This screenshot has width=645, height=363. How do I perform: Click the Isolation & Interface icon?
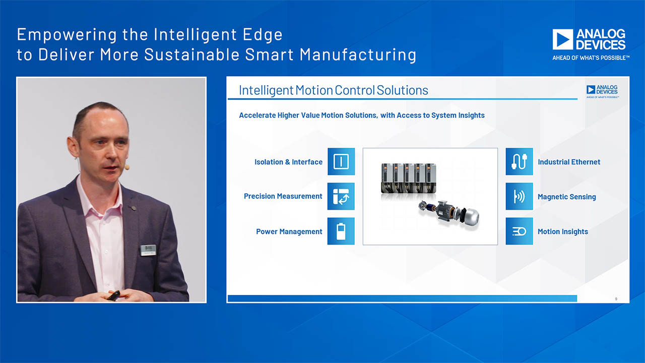(341, 161)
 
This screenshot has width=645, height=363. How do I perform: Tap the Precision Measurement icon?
(341, 196)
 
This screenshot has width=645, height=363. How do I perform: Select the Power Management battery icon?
(341, 231)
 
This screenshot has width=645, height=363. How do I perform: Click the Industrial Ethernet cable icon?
(519, 161)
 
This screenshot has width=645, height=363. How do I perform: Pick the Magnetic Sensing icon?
(519, 196)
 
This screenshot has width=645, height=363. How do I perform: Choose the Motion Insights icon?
(519, 231)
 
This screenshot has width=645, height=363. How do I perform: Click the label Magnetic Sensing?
(567, 197)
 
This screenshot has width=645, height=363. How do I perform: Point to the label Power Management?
(289, 231)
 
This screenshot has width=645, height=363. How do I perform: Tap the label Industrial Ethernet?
(569, 162)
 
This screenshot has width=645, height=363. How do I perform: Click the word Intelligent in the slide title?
(266, 90)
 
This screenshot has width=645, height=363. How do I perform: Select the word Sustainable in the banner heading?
(191, 54)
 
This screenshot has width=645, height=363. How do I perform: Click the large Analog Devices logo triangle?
(563, 39)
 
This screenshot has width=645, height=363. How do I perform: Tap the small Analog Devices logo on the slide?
(602, 91)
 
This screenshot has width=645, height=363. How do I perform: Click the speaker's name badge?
(148, 250)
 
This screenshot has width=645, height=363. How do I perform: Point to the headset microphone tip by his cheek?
(127, 167)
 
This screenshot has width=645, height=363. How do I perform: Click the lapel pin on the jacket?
(134, 208)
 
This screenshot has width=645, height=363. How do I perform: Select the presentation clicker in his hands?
(114, 295)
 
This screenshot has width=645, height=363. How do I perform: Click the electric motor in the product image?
(449, 214)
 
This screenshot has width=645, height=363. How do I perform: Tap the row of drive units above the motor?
(408, 178)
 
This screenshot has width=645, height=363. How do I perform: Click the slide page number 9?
(616, 299)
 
